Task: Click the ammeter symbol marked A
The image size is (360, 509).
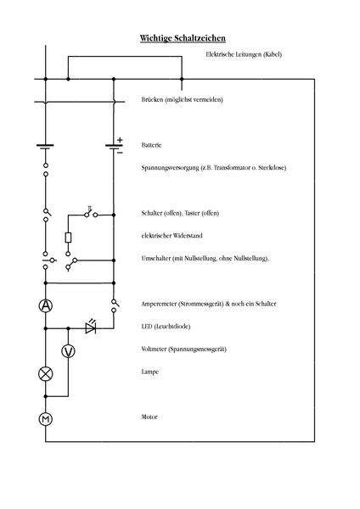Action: point(47,305)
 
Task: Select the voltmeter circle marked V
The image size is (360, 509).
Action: point(69,350)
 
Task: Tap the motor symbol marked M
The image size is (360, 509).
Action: point(47,418)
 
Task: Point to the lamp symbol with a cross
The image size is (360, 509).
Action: point(47,373)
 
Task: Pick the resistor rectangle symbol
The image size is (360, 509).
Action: point(68,238)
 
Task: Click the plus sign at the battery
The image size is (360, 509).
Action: point(120,140)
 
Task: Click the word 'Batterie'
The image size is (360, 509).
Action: point(153,145)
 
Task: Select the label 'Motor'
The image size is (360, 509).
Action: point(150,417)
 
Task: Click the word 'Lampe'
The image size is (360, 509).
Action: point(151,372)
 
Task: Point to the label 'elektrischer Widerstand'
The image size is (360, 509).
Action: point(172,235)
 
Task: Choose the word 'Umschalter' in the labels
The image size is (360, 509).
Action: point(159,258)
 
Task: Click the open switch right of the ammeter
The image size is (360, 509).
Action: point(113,304)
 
